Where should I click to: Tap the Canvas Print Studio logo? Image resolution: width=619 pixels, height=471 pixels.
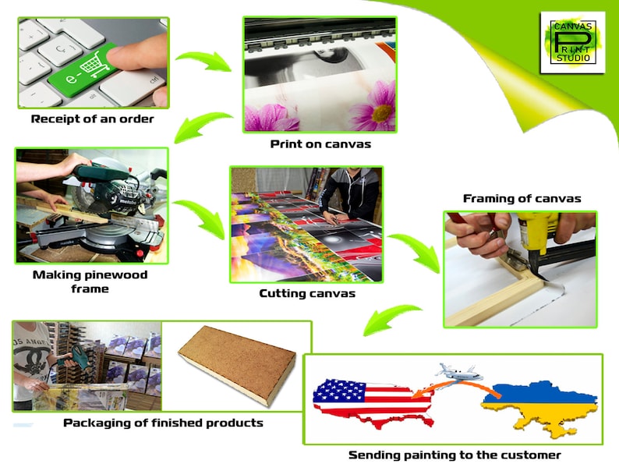click(572, 42)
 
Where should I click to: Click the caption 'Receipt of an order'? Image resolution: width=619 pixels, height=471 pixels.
click(92, 119)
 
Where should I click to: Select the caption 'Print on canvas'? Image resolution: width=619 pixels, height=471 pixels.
click(320, 144)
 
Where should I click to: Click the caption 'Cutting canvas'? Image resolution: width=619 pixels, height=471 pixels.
click(307, 293)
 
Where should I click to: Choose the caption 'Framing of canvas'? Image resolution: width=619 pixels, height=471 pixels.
click(522, 198)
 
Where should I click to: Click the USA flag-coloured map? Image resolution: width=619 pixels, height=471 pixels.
click(373, 402)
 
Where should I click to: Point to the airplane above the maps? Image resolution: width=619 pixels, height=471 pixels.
click(458, 372)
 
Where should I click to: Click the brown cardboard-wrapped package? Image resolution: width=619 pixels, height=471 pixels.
click(237, 365)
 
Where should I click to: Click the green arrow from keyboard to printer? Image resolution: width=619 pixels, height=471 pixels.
click(203, 61)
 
